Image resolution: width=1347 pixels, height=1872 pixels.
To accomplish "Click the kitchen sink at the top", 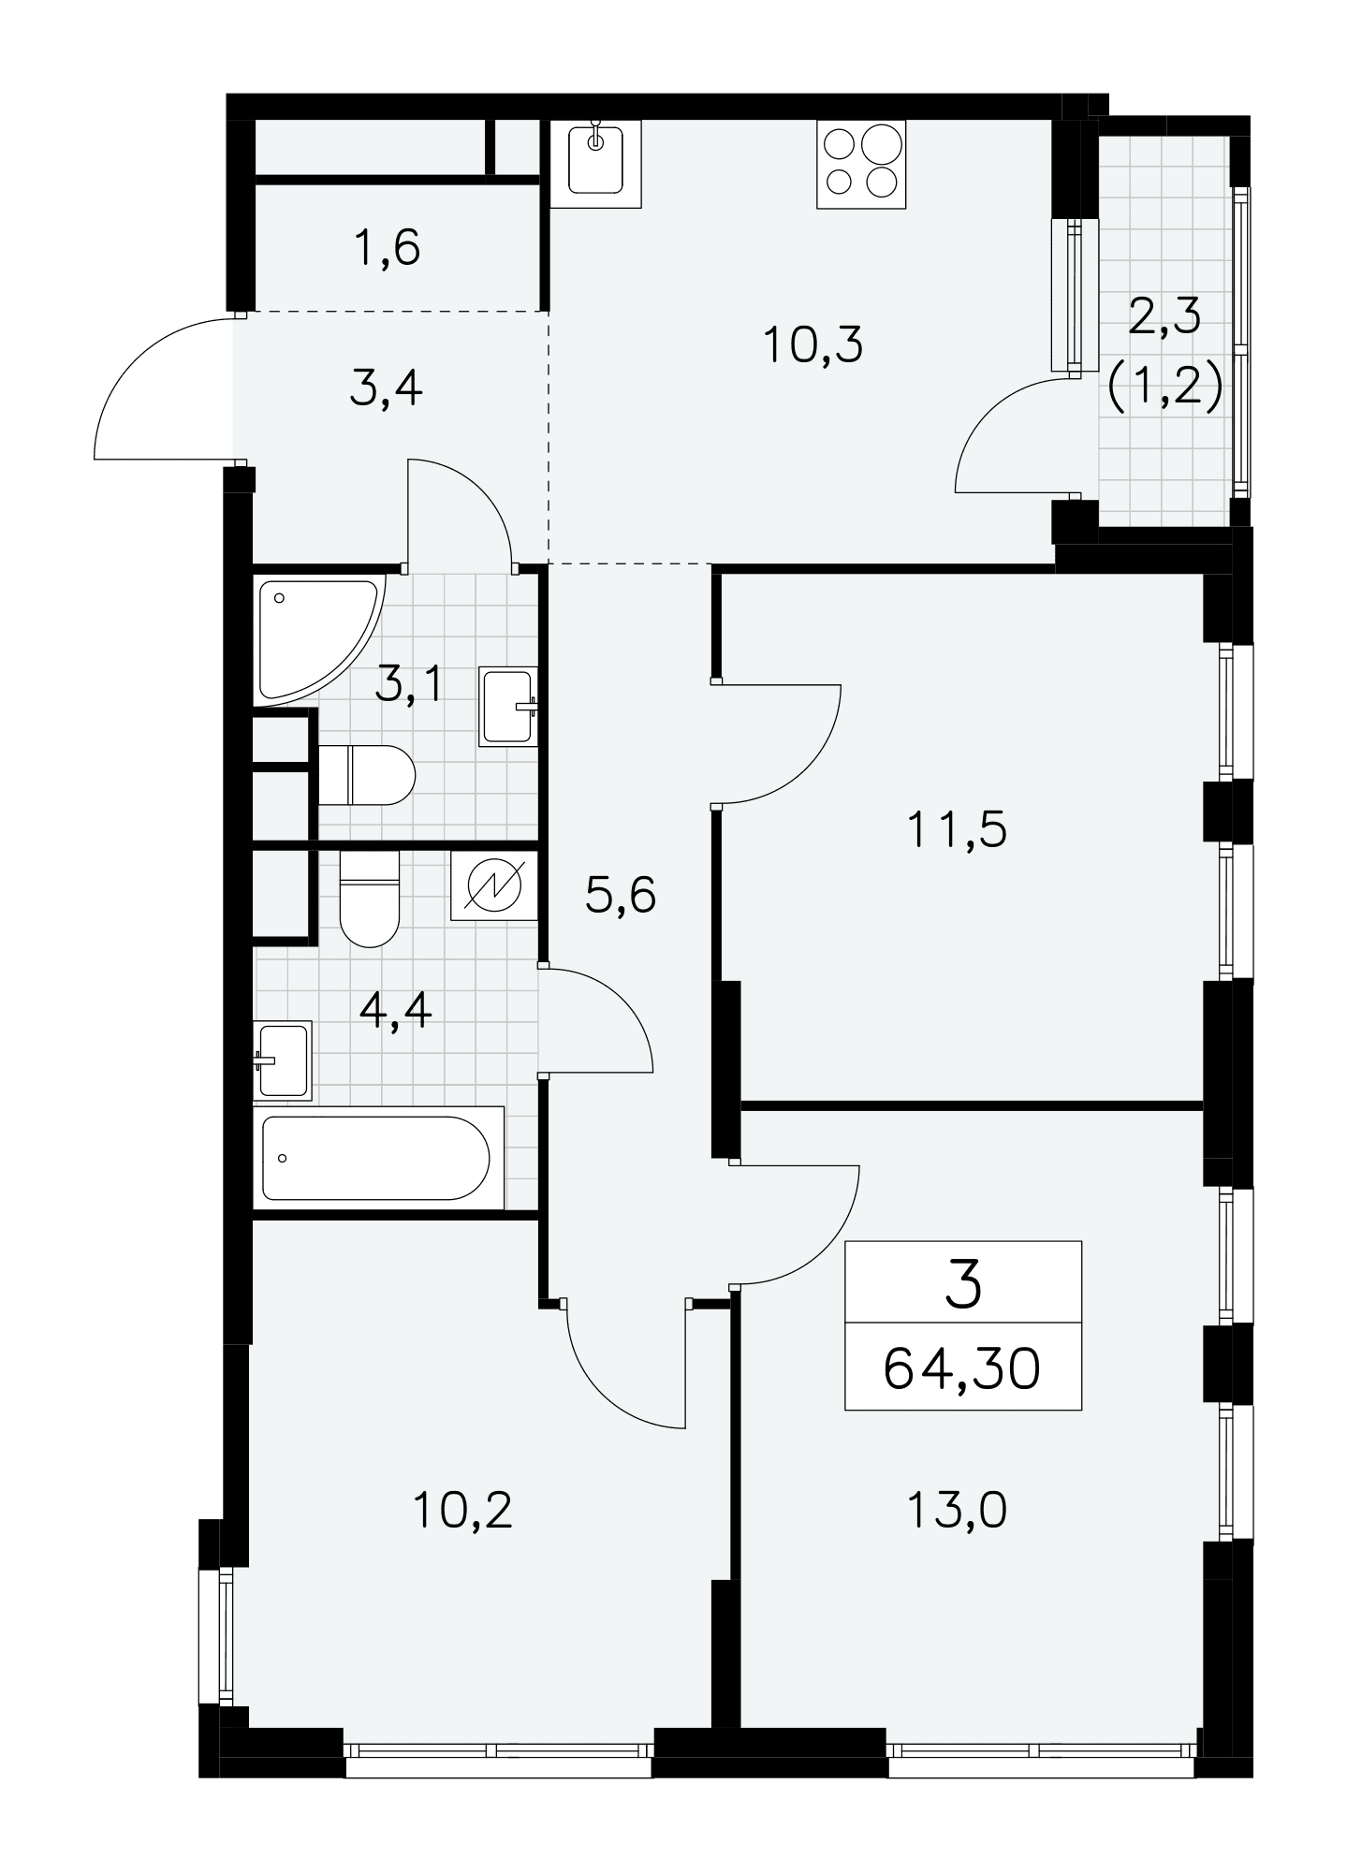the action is coord(596,163).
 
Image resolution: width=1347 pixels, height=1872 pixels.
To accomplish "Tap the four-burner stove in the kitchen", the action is coord(861,163).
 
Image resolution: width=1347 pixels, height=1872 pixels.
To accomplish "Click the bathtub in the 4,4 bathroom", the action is coord(379,1157).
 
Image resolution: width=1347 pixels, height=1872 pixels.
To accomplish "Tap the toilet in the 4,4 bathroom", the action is coord(369,899).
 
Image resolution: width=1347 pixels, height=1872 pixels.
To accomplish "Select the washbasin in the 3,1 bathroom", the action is coord(508,706).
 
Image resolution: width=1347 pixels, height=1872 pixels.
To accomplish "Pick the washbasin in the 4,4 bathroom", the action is coord(283,1060).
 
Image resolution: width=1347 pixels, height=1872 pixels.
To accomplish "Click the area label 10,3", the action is coord(813,345).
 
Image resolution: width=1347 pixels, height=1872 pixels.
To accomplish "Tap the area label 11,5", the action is coord(957,829).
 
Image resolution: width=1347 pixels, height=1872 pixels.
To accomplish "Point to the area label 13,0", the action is coord(957,1510).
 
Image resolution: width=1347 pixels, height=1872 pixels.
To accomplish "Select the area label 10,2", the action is coord(463,1510).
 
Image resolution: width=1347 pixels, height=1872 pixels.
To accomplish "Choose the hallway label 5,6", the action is coord(621,896).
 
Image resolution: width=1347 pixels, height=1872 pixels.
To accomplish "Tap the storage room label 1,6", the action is coord(388,248).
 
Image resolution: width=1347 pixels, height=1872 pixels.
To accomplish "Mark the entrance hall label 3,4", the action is coord(386,388).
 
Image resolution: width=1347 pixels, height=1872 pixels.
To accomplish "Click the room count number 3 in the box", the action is coord(963,1283).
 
